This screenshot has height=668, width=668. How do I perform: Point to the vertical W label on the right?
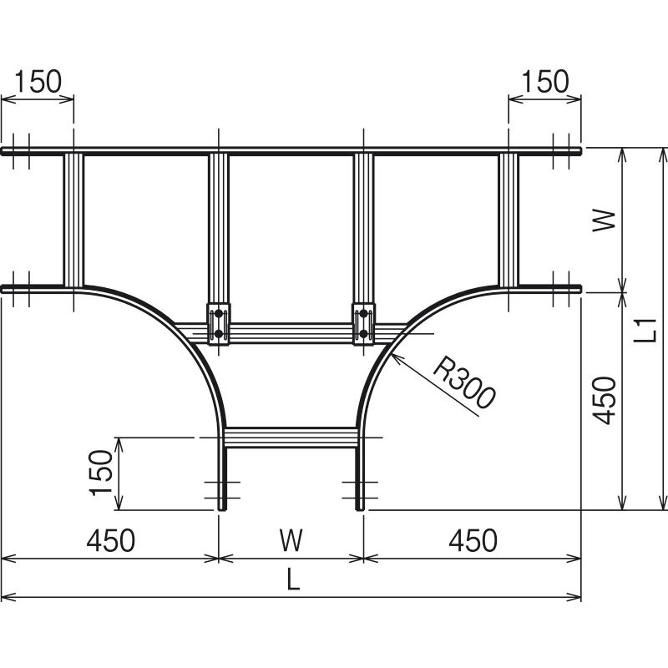(x=604, y=220)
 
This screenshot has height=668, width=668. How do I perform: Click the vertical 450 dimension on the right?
(x=604, y=401)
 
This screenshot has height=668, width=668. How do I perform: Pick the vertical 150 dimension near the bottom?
(x=100, y=473)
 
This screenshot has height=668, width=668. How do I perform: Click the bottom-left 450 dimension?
(x=111, y=540)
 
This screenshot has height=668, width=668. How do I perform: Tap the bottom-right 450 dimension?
(x=473, y=540)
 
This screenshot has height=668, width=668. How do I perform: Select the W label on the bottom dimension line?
(x=291, y=540)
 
